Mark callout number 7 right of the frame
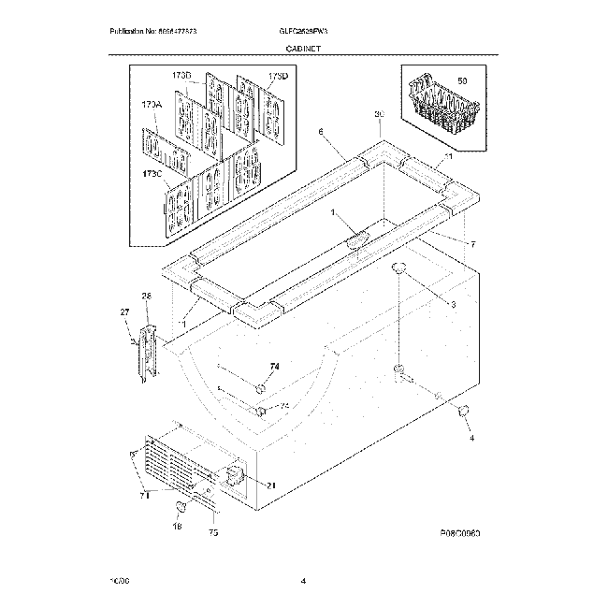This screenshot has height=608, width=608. click(472, 245)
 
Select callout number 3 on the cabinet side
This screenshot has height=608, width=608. click(453, 305)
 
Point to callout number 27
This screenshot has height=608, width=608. click(123, 311)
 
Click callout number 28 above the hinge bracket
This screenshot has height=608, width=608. click(146, 297)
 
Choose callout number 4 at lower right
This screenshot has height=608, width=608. click(471, 438)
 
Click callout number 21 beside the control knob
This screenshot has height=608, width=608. click(271, 485)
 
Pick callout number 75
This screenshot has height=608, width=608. click(213, 534)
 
